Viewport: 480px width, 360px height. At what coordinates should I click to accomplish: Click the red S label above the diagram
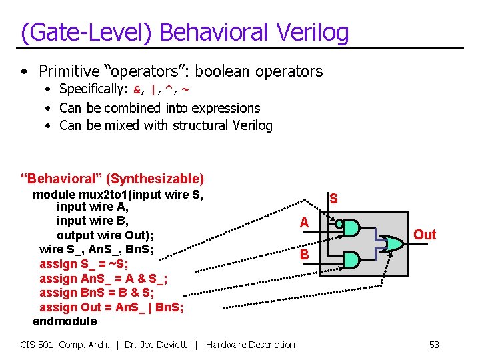[333, 199]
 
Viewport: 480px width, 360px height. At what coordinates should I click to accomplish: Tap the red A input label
[304, 223]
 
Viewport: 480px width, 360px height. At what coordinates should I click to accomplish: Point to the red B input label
[304, 255]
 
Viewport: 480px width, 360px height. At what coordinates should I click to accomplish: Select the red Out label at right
[424, 235]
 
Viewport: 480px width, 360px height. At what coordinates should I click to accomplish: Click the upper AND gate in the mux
[351, 229]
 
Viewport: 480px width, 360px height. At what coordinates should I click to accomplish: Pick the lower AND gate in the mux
[351, 259]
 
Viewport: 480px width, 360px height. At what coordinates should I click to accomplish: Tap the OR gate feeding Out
[392, 244]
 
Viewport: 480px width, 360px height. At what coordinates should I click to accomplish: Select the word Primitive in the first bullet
[70, 71]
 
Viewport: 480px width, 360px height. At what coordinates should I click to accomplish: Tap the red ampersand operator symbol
[138, 89]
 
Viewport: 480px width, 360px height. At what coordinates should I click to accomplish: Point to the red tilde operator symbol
[185, 89]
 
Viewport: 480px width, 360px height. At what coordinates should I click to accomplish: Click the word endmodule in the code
[65, 321]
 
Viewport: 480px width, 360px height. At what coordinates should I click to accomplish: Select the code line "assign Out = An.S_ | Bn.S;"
[111, 307]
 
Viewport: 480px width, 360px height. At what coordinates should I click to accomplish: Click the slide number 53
[434, 345]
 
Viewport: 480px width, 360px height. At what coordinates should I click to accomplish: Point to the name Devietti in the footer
[173, 345]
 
